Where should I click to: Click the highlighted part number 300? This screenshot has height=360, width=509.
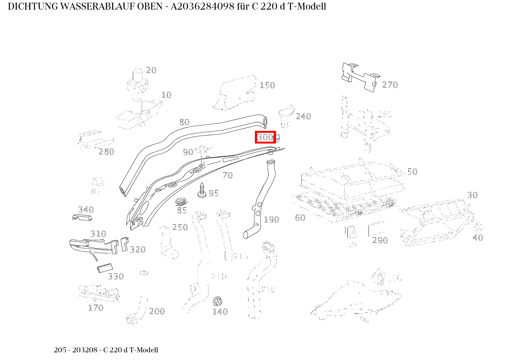click(265, 137)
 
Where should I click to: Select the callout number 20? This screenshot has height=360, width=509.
click(151, 70)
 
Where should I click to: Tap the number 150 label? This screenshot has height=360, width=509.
click(267, 85)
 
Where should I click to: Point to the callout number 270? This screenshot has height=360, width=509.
click(390, 85)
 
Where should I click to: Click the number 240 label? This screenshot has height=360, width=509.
click(303, 116)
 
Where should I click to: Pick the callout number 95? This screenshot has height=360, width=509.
click(213, 193)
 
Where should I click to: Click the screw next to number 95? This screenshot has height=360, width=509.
click(202, 190)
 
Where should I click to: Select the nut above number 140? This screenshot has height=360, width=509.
click(217, 301)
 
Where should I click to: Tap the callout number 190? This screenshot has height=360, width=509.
click(271, 220)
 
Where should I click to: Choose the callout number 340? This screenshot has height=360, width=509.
click(86, 210)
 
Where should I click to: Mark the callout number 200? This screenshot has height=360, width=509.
click(157, 311)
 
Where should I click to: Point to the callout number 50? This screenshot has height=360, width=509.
click(412, 172)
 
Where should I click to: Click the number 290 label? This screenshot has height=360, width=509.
click(380, 240)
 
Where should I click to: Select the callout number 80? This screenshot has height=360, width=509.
click(184, 122)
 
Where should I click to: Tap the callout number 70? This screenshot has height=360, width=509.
click(228, 175)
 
